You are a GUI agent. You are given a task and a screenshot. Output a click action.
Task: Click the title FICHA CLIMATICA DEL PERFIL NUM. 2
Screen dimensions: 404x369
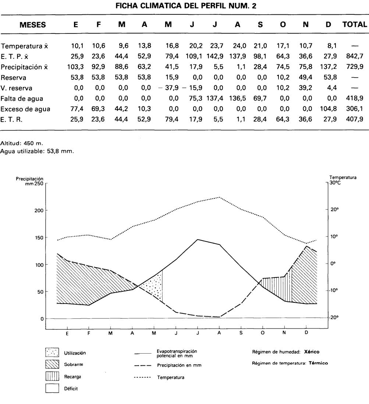click(x=184, y=6)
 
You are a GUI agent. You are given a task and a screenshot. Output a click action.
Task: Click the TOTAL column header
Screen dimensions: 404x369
click(x=355, y=25)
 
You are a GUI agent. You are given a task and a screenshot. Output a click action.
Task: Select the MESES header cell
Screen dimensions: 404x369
click(x=33, y=25)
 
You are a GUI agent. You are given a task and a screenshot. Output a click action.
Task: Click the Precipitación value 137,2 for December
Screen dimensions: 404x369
click(x=328, y=67)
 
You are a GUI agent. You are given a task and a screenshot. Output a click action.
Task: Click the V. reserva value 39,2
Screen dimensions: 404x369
click(x=306, y=88)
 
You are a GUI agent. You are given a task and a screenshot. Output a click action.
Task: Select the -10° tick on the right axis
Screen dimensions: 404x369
click(x=334, y=290)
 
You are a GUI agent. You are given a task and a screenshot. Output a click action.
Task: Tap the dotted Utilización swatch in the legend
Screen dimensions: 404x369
click(x=52, y=352)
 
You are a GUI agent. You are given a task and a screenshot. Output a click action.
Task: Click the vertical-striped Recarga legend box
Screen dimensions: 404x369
click(x=52, y=376)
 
